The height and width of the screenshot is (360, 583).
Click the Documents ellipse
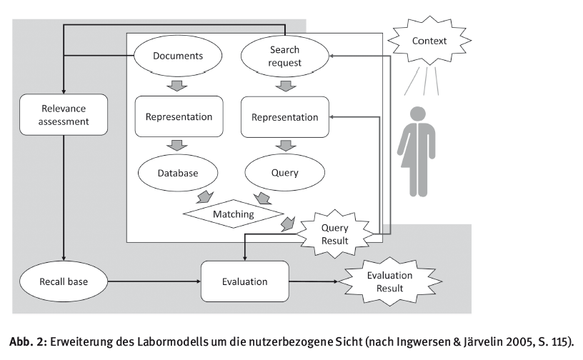coord(178,56)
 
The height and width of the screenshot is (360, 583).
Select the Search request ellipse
coord(285,56)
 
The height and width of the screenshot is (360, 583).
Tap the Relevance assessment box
coord(64,114)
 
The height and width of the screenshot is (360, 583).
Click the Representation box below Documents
coord(179,116)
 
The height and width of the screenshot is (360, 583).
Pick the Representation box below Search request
coord(285,117)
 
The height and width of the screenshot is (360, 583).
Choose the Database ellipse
coord(178,173)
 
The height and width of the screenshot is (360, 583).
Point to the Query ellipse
coord(285,173)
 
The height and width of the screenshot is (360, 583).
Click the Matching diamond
coord(234,214)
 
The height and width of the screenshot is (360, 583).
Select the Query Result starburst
coord(335,234)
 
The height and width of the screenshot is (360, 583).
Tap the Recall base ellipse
coord(64,281)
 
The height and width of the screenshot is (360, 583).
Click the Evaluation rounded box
coord(244,281)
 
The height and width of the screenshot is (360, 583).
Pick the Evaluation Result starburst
coord(389,281)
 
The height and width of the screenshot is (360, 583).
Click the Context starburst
coord(429,41)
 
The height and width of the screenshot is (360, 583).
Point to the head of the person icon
coord(418,114)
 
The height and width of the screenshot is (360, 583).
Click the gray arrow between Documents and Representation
coord(177,86)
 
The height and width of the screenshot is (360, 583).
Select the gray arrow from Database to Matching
coord(205,197)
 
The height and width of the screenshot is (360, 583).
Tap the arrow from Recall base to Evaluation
coord(154,281)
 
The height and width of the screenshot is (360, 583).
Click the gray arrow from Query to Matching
coord(262,199)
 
